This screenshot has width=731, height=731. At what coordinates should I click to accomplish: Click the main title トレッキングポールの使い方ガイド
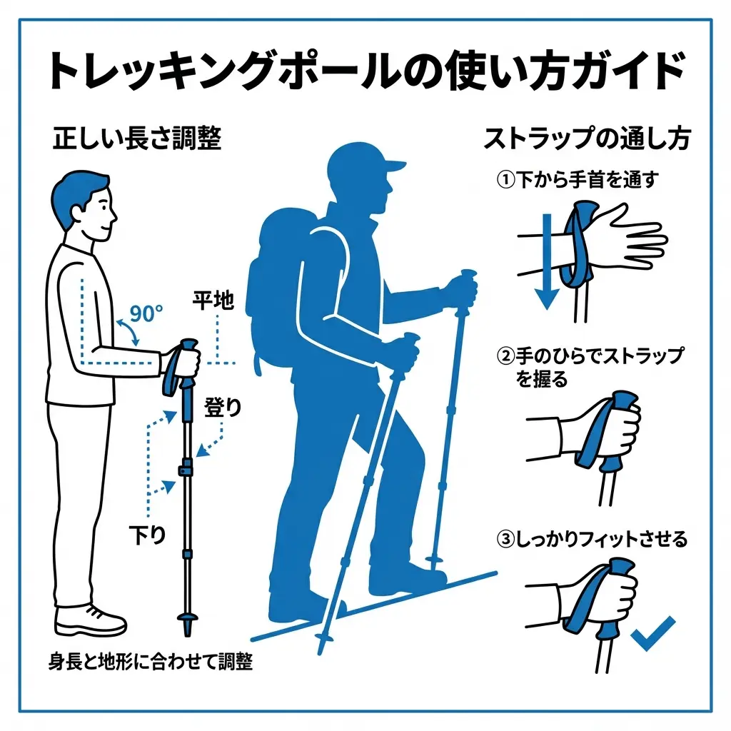pyautogui.click(x=365, y=71)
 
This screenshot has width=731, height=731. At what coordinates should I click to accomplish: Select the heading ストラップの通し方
pyautogui.click(x=586, y=138)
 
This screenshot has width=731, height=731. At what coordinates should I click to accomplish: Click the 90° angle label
pyautogui.click(x=147, y=313)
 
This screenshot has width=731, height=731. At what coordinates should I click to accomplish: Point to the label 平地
pyautogui.click(x=213, y=301)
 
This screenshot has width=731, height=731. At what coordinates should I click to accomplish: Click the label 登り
pyautogui.click(x=223, y=408)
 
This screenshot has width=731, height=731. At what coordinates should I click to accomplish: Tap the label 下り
pyautogui.click(x=147, y=534)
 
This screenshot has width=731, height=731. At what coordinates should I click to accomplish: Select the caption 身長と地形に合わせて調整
pyautogui.click(x=151, y=662)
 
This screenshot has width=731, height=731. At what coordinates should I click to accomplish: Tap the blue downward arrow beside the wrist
pyautogui.click(x=546, y=264)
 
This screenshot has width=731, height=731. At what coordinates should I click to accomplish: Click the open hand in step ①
pyautogui.click(x=632, y=239)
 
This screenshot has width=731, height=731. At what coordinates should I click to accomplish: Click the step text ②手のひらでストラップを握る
pyautogui.click(x=589, y=366)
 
